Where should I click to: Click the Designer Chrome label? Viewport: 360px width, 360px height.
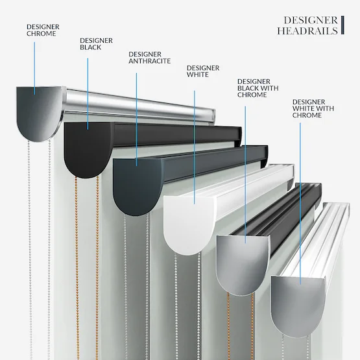click(x=43, y=30)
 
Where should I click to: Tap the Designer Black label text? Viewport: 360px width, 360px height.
click(x=96, y=44)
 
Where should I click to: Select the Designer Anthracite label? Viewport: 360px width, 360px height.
click(x=149, y=58)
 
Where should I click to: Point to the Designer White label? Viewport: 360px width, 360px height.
click(x=203, y=71)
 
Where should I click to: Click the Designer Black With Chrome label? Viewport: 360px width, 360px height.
click(x=258, y=88)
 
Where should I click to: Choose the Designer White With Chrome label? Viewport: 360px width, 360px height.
click(x=313, y=108)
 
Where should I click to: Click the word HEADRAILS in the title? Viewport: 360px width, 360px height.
click(x=307, y=30)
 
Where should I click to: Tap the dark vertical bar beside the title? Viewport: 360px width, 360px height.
click(x=342, y=25)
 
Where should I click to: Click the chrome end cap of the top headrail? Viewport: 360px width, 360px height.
click(x=39, y=112)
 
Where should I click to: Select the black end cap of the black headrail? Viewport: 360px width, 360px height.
click(x=88, y=149)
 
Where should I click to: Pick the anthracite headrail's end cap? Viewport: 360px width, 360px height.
click(x=137, y=186)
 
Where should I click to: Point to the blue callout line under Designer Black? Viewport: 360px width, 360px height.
click(x=88, y=93)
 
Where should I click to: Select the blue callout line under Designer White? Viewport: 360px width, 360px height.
click(x=195, y=147)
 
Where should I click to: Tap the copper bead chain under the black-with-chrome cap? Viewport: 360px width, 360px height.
click(x=228, y=326)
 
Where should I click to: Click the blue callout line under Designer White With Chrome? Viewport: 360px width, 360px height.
click(x=300, y=204)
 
